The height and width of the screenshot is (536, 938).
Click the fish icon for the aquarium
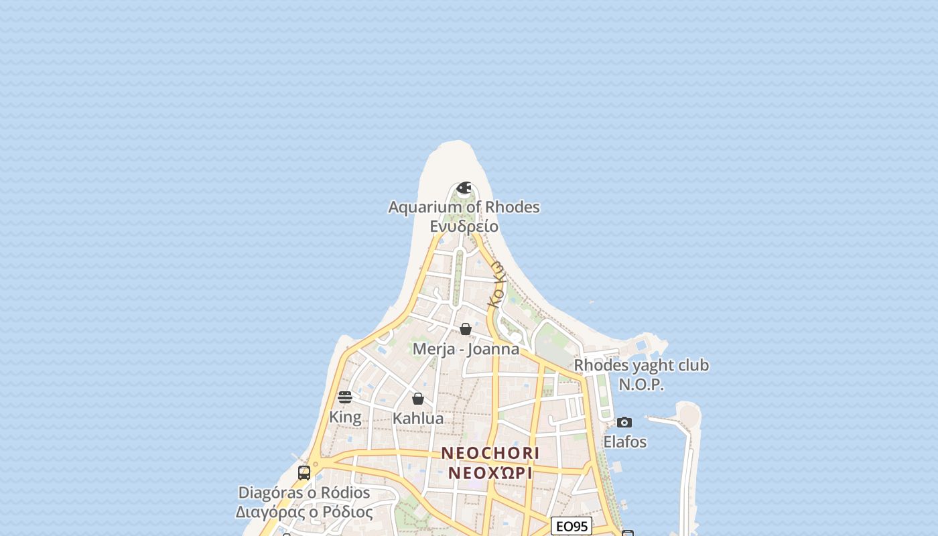[464, 188]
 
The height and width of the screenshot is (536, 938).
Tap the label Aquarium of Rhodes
[464, 207]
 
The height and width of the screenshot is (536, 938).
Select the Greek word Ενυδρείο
[464, 226]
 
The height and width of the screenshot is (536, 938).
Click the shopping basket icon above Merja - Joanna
[466, 329]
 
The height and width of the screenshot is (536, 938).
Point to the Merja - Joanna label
[466, 349]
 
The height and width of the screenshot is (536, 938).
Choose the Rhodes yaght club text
[641, 366]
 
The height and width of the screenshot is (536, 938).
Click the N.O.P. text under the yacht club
[641, 385]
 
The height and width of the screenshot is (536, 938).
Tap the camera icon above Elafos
[624, 422]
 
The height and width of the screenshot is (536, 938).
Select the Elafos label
[625, 442]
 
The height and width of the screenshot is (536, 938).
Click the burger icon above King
[345, 397]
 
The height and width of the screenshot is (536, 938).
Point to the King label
[345, 417]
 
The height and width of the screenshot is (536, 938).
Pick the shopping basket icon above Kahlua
[418, 399]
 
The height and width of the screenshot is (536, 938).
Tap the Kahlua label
[418, 419]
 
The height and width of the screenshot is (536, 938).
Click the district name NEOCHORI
[490, 454]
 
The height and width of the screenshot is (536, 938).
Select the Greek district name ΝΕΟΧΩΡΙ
[490, 473]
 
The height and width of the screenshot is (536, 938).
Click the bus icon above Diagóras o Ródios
[304, 473]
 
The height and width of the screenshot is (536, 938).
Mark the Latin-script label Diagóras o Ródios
[304, 493]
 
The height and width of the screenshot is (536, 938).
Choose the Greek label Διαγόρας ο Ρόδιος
[304, 513]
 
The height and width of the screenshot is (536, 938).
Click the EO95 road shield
[572, 527]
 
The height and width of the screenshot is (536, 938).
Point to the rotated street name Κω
[496, 284]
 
